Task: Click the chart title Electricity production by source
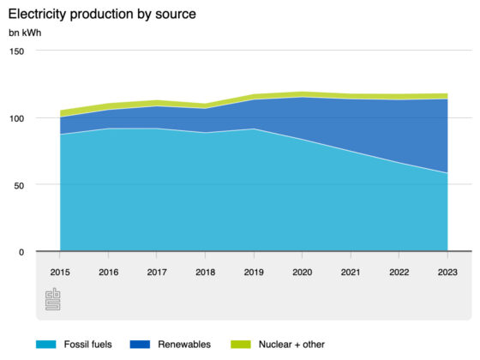pyautogui.click(x=102, y=14)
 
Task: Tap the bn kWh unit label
pyautogui.click(x=25, y=33)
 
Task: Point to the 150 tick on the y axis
pyautogui.click(x=16, y=51)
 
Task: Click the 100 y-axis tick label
pyautogui.click(x=16, y=118)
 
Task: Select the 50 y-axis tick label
pyautogui.click(x=19, y=185)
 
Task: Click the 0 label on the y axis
pyautogui.click(x=21, y=252)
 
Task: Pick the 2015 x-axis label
pyautogui.click(x=60, y=273)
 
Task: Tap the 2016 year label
pyautogui.click(x=108, y=273)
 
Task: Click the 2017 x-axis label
pyautogui.click(x=157, y=273)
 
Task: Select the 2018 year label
pyautogui.click(x=206, y=273)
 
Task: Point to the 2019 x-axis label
pyautogui.click(x=254, y=273)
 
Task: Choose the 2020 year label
pyautogui.click(x=302, y=273)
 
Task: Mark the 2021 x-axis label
pyautogui.click(x=351, y=273)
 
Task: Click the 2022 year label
pyautogui.click(x=399, y=273)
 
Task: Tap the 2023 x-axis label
pyautogui.click(x=447, y=273)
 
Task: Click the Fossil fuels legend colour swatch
pyautogui.click(x=46, y=345)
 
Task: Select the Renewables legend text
pyautogui.click(x=184, y=345)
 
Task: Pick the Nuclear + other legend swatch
pyautogui.click(x=241, y=345)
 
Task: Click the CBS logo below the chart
pyautogui.click(x=53, y=299)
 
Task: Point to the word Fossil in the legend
pyautogui.click(x=74, y=345)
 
